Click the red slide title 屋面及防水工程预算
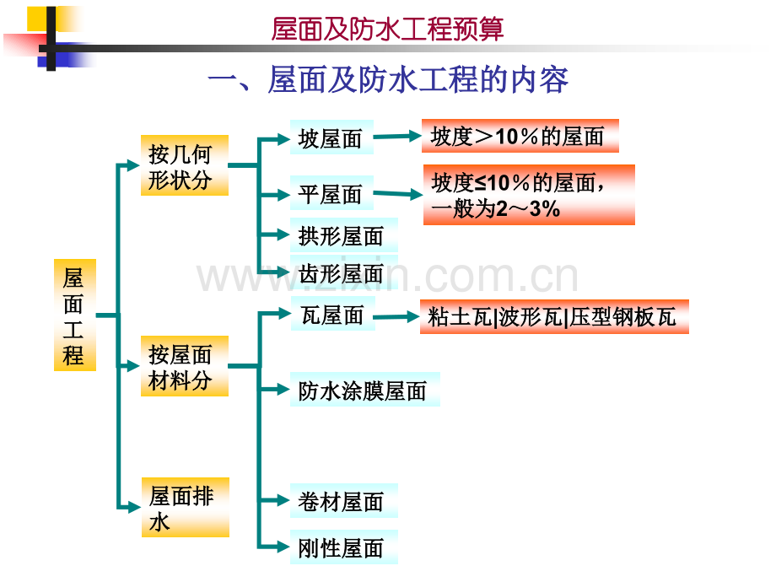387,29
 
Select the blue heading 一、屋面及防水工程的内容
388,79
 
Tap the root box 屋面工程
75,315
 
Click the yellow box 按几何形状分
185,165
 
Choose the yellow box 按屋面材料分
185,366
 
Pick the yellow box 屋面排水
186,507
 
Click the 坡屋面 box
331,137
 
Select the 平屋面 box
331,192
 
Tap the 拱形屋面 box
344,235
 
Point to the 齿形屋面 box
344,272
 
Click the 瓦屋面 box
333,314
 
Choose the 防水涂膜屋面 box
365,390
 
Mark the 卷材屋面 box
344,501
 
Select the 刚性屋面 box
344,547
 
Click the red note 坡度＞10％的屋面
520,136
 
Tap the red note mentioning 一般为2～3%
529,195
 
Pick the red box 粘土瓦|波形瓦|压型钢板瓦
554,317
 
